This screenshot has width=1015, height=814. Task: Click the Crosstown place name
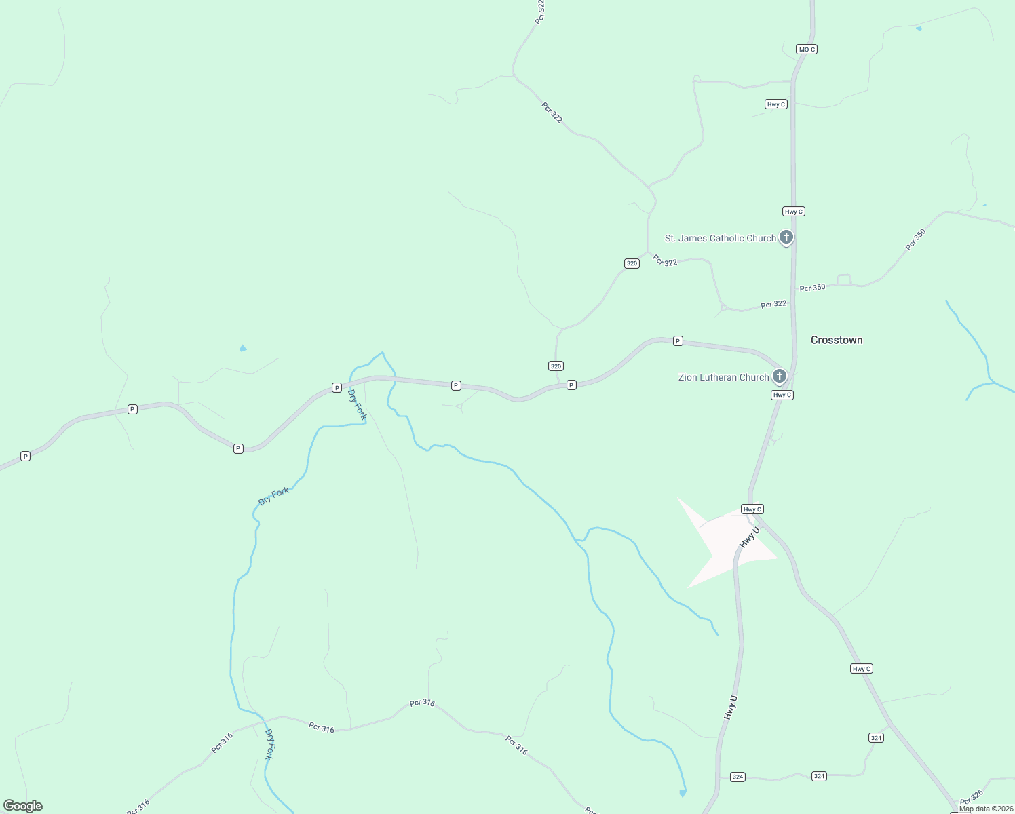click(x=837, y=340)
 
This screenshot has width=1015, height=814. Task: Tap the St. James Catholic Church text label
click(x=720, y=238)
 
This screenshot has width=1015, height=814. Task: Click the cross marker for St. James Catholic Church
click(x=786, y=237)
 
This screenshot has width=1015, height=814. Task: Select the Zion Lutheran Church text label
click(x=723, y=377)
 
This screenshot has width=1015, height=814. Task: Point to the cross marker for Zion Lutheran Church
click(x=780, y=376)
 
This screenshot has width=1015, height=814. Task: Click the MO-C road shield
click(x=806, y=50)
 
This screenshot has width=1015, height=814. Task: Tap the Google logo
click(x=23, y=806)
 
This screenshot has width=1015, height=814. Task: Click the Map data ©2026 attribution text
click(x=986, y=809)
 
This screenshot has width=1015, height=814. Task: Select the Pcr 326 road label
click(x=972, y=798)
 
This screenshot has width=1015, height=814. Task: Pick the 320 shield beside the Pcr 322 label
click(x=632, y=263)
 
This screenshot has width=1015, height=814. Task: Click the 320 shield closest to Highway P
click(x=556, y=366)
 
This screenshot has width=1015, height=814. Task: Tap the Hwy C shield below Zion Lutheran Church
click(x=782, y=395)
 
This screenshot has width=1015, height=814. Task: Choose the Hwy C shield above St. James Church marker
click(x=794, y=212)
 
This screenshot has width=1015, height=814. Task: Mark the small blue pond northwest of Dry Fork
click(x=243, y=349)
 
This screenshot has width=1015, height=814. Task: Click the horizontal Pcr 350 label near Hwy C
click(x=812, y=288)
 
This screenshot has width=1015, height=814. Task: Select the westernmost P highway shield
click(x=25, y=457)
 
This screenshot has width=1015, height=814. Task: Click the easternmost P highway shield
click(x=678, y=341)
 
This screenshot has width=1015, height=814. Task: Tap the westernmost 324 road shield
click(x=738, y=777)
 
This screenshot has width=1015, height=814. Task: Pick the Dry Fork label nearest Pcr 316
click(x=270, y=744)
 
